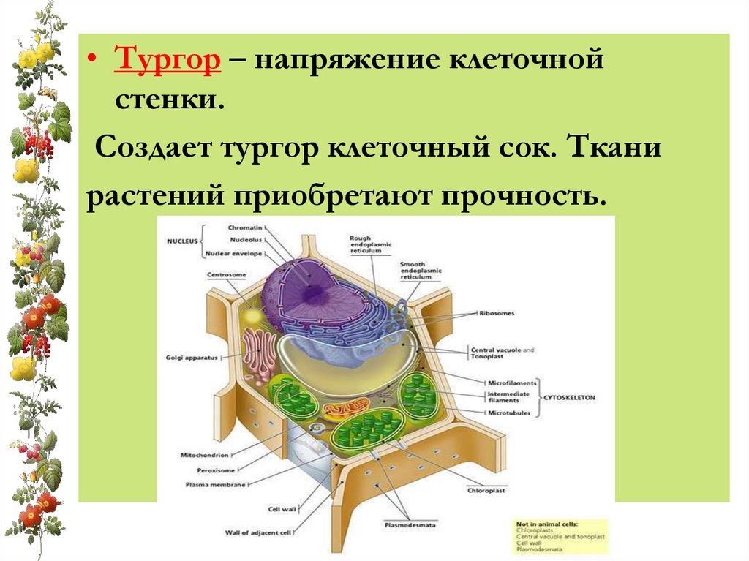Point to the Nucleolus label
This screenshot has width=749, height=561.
244,240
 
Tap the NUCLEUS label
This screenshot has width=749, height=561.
182,241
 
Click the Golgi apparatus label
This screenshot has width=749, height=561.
192,358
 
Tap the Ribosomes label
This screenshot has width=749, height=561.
498,313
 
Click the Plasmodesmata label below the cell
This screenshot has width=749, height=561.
405,524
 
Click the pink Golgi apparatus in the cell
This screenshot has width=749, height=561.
259,352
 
